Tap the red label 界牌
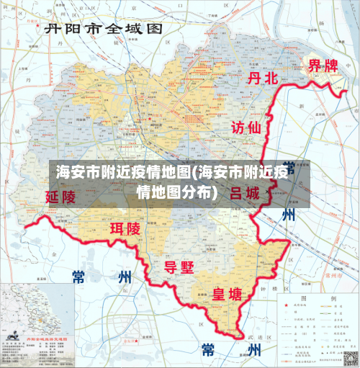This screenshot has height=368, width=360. pyautogui.click(x=323, y=66)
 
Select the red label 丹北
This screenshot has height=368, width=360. pyautogui.click(x=262, y=79)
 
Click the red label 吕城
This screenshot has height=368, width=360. pyautogui.click(x=245, y=194)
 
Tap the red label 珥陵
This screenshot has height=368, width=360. pyautogui.click(x=125, y=229)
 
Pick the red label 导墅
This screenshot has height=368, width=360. pyautogui.click(x=179, y=267)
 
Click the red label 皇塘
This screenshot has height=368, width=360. pyautogui.click(x=226, y=295)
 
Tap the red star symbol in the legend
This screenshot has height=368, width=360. pyautogui.click(x=283, y=306)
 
